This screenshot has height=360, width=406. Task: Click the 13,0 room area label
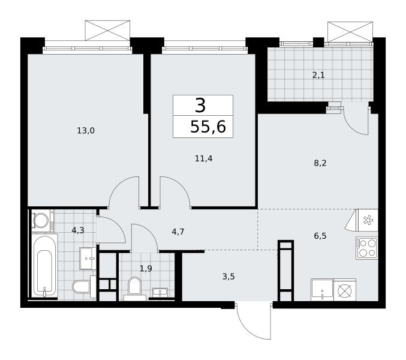tap(86, 131)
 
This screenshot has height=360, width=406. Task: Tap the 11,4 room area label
tap(203, 158)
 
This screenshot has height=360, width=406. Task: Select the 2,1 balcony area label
tap(318, 76)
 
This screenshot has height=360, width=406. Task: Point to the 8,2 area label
tap(320, 163)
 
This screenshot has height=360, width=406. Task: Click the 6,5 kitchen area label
tap(320, 236)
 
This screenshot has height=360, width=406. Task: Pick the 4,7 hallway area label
tap(178, 232)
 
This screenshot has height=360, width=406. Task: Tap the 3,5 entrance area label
tap(228, 277)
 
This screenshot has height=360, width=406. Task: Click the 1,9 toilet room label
tap(146, 269)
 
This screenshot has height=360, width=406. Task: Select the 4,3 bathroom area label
tap(78, 230)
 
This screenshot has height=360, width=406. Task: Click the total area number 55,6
tap(208, 127)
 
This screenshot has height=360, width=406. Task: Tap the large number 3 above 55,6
tap(200, 106)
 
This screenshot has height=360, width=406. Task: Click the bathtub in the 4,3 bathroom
tap(44, 266)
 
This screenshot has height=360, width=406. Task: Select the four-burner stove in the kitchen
tap(367, 248)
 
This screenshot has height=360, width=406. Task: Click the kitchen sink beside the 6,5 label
tap(322, 290)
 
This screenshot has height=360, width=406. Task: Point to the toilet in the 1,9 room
tap(134, 287)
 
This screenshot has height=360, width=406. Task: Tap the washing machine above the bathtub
tap(41, 220)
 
